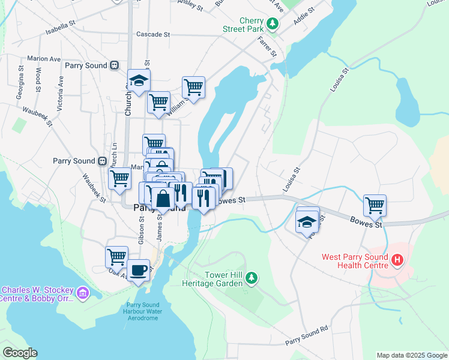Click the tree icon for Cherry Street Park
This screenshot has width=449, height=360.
(273, 24)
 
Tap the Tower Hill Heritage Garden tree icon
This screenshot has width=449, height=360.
(253, 277)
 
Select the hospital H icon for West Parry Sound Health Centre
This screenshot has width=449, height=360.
(396, 260)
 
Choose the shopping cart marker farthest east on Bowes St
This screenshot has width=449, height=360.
(375, 205)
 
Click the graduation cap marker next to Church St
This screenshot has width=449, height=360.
(139, 81)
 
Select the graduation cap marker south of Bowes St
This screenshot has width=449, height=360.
(307, 221)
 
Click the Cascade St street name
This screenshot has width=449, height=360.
(154, 34)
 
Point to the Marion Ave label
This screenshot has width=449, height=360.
(44, 59)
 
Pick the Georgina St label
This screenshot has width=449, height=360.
(20, 78)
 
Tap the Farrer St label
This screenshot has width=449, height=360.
(267, 46)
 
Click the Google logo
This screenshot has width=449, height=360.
(20, 353)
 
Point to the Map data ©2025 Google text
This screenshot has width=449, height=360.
(412, 355)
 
